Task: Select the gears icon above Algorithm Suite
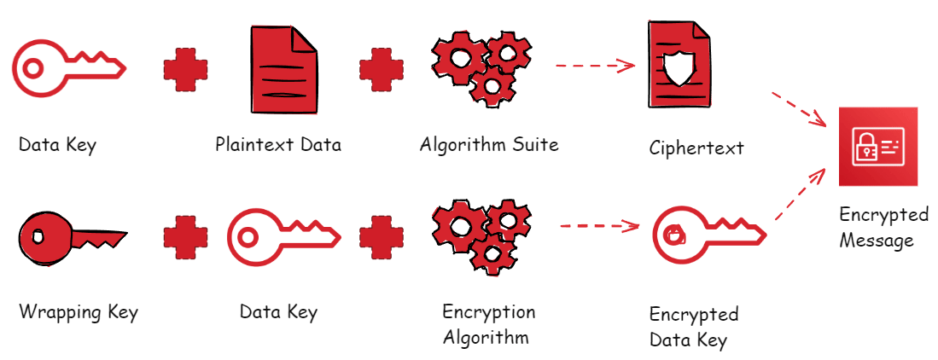click(475, 67)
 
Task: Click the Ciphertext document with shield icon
click(679, 66)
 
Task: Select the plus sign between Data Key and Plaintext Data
click(185, 69)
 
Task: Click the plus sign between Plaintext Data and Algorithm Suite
click(381, 69)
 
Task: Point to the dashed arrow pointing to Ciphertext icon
click(595, 65)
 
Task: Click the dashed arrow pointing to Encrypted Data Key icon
click(599, 226)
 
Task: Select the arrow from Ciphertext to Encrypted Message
click(800, 108)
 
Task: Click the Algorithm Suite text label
click(489, 144)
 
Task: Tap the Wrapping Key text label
click(78, 311)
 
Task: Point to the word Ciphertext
click(696, 148)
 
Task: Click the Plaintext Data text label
click(278, 144)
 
